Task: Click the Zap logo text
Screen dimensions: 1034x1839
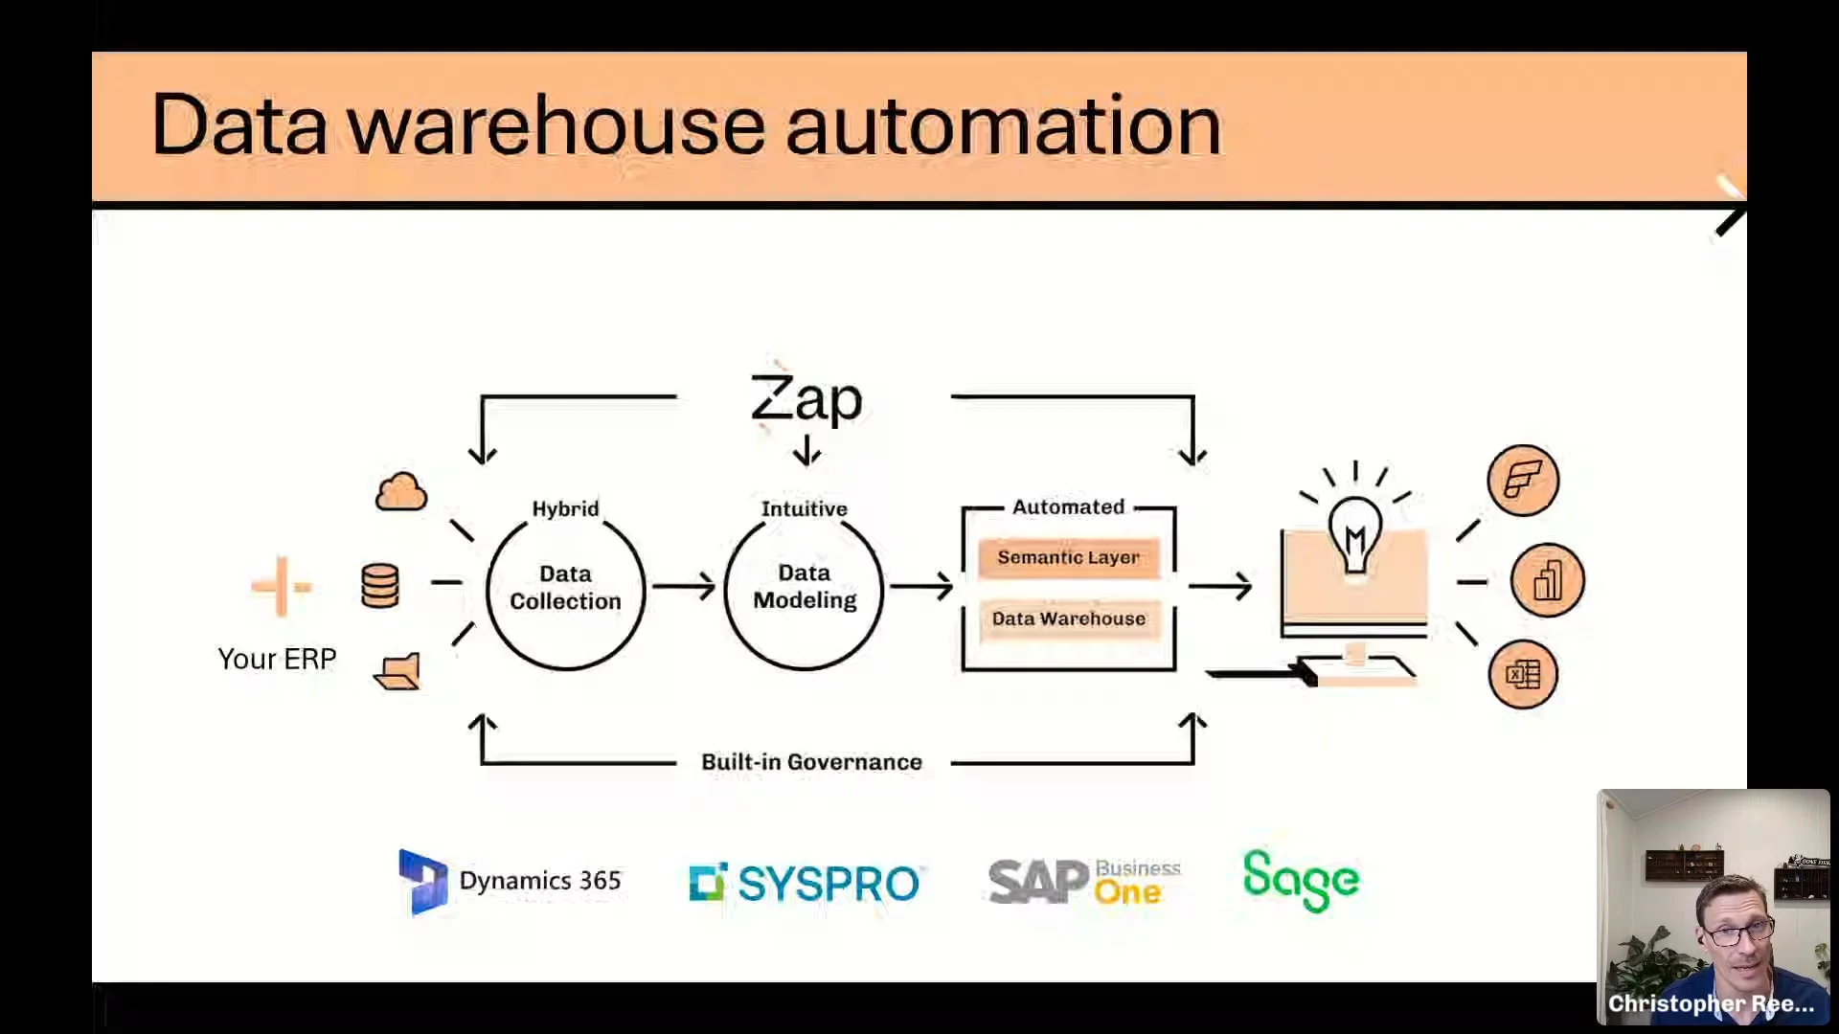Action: click(x=806, y=398)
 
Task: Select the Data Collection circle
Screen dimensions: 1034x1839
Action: click(x=565, y=588)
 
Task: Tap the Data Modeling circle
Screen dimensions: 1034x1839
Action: click(x=805, y=587)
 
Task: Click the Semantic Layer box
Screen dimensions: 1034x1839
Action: click(x=1068, y=557)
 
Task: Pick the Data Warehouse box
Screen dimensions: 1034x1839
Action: click(x=1068, y=618)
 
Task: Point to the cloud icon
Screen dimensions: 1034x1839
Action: click(x=401, y=492)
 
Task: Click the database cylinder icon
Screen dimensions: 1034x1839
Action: click(x=380, y=585)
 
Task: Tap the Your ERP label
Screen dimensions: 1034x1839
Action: click(x=277, y=659)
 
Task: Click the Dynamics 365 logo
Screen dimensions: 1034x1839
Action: click(x=511, y=881)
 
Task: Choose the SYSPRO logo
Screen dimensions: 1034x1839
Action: click(x=805, y=883)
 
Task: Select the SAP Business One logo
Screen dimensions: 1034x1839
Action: click(x=1084, y=881)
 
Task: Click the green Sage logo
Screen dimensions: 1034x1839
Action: click(x=1301, y=880)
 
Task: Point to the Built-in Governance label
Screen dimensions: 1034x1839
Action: click(x=811, y=762)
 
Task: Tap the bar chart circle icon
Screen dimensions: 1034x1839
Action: click(x=1547, y=580)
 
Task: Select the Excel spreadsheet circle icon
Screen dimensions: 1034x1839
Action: click(x=1523, y=674)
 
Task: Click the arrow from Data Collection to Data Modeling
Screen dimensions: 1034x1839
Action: click(x=684, y=587)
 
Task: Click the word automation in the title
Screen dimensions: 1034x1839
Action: click(x=1003, y=125)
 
